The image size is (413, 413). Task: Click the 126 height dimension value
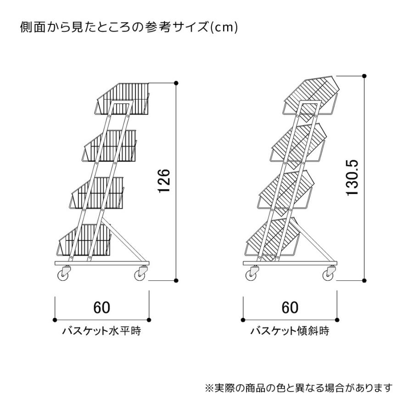164,181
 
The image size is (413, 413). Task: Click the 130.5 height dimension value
352,178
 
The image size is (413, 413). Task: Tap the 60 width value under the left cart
102,307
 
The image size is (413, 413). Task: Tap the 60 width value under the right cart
290,307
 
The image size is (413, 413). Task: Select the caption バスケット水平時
102,330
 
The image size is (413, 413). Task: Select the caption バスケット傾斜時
290,330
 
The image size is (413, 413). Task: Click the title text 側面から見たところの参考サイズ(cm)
129,27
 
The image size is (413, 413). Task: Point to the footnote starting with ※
299,388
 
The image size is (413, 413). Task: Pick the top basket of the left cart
122,99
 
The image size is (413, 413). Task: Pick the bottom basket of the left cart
84,240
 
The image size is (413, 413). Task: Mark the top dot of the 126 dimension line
176,83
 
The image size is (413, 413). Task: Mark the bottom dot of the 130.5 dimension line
364,280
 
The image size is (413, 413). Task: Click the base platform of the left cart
102,263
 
